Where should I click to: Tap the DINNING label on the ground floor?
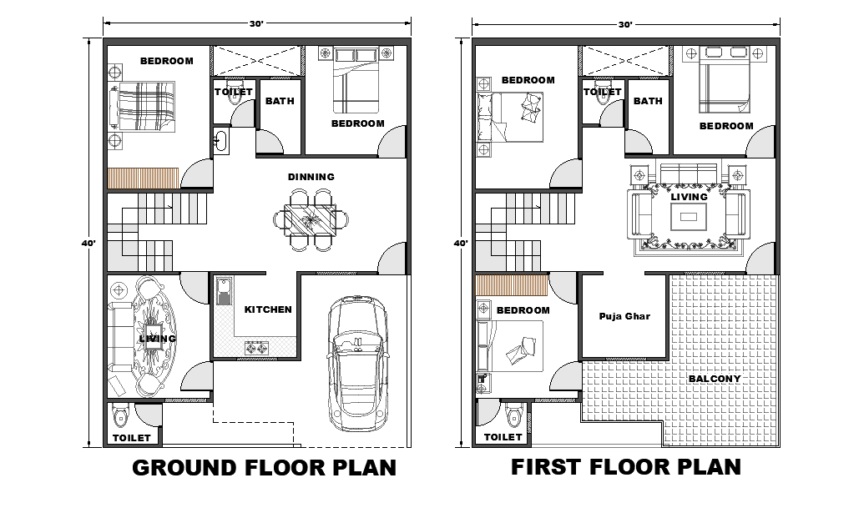coord(311,177)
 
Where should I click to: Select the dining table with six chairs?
coord(311,221)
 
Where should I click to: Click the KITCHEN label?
coord(268,309)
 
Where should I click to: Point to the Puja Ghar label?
coord(624,316)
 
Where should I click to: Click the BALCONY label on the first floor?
coord(714,379)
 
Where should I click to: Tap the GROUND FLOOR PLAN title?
coord(264,467)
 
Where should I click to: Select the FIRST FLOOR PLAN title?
coord(625,466)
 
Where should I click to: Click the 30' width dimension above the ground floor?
coord(256,24)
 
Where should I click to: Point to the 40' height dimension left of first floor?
coord(459,244)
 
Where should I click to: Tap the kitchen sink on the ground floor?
coord(224,293)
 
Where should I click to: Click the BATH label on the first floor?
coord(647,101)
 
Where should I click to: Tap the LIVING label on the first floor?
coord(689,197)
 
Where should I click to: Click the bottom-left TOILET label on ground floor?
coord(131,437)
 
